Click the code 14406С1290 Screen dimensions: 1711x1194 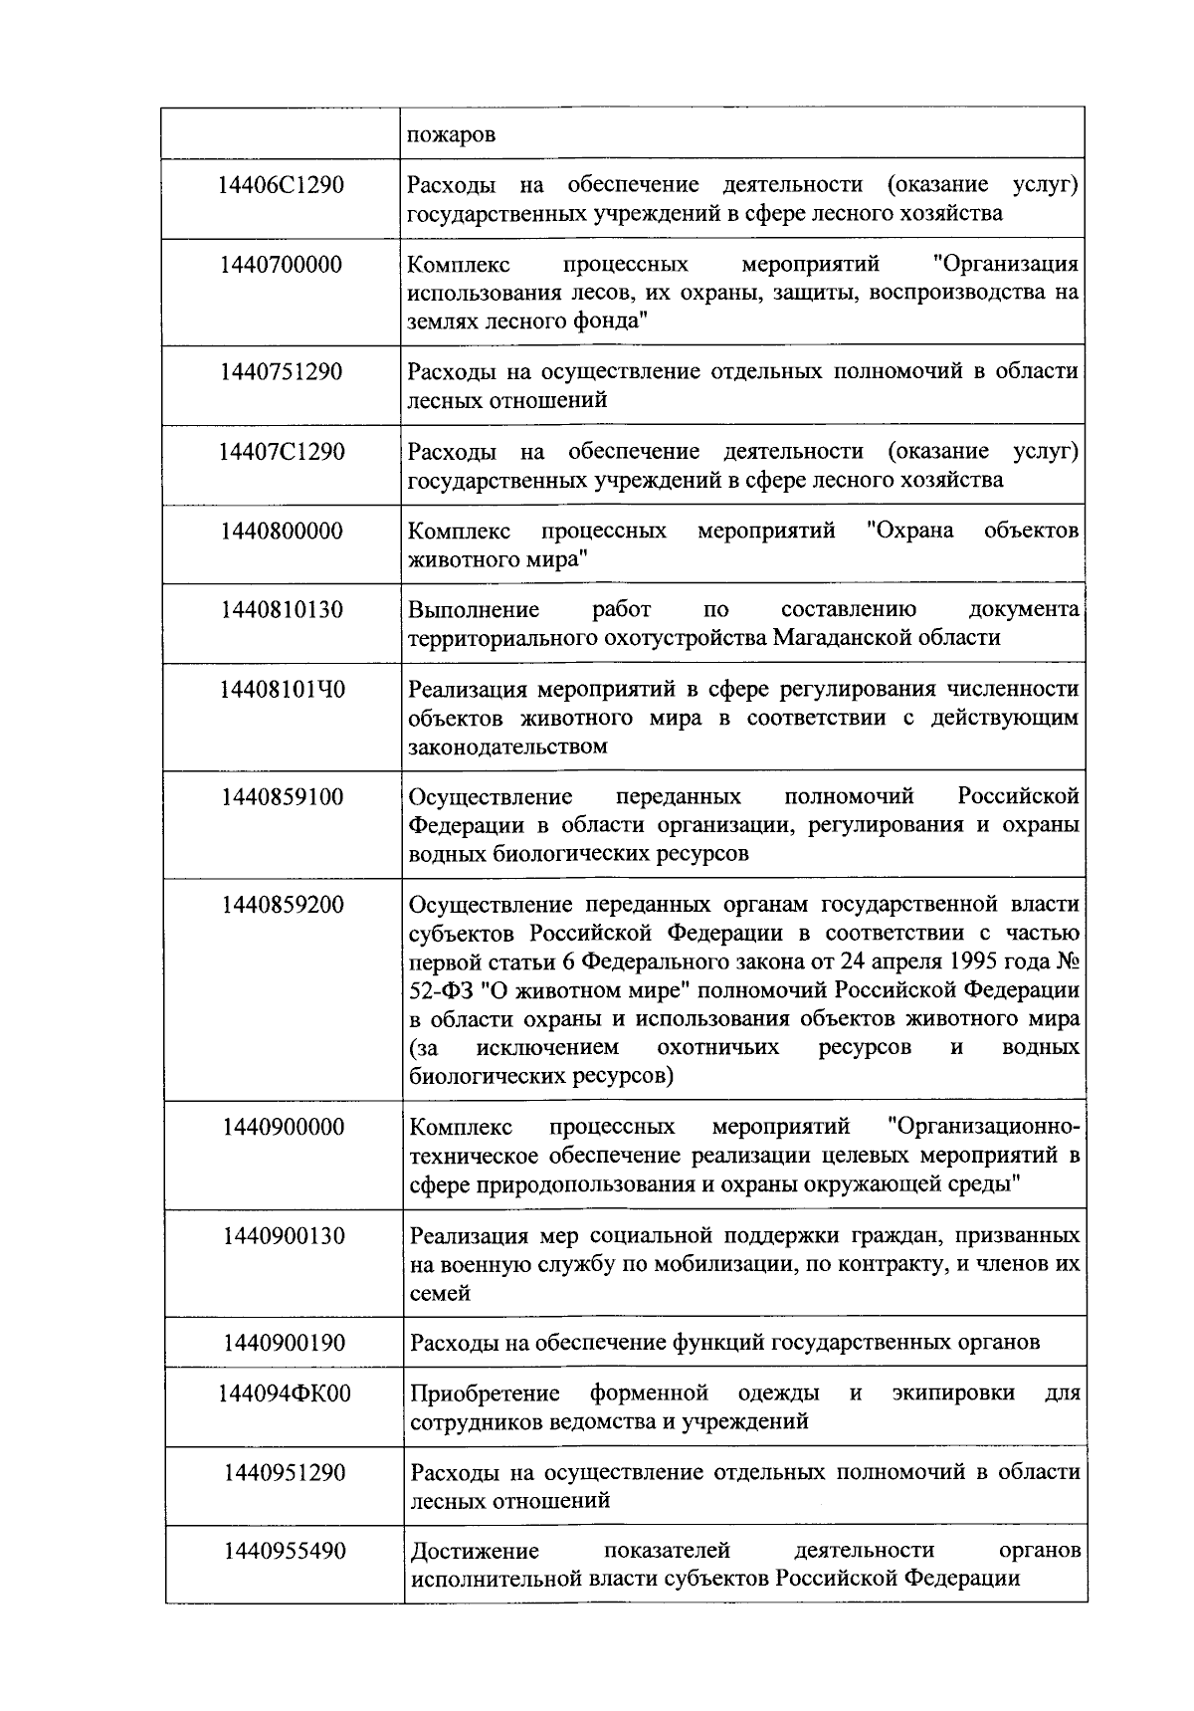[282, 185]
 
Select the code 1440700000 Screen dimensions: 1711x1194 [282, 265]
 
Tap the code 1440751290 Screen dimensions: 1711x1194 [282, 372]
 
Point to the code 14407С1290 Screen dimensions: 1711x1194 [282, 452]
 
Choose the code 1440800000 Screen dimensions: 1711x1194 [282, 531]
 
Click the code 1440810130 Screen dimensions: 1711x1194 [282, 609]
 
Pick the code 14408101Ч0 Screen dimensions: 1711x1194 [282, 689]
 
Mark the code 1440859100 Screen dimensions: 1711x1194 [284, 797]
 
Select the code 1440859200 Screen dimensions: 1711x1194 [284, 905]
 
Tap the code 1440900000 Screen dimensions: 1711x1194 [284, 1127]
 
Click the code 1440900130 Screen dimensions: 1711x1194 [284, 1236]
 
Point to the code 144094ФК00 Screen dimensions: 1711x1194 [284, 1393]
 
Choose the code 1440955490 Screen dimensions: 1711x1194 [284, 1551]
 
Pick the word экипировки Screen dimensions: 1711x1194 [953, 1392]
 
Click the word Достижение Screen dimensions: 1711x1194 [475, 1551]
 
